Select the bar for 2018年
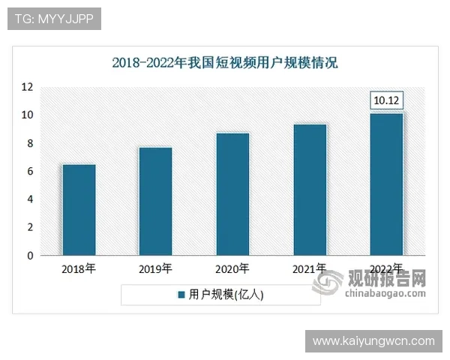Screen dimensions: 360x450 coord(78,210)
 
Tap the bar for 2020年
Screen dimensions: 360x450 coord(232,194)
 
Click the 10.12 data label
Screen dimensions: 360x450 coord(387,100)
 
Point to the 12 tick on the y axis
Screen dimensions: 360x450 coord(28,87)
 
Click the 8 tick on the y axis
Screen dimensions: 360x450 coord(30,143)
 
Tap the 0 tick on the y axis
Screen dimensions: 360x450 coord(30,256)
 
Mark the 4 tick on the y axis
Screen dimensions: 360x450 coord(30,199)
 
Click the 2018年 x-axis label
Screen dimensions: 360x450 coord(78,268)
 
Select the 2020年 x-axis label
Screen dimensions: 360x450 coord(232,268)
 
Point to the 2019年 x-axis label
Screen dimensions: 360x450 coord(155,268)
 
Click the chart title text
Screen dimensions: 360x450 coord(225,62)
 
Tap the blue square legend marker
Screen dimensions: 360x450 coord(181,295)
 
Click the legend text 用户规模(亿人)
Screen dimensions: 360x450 coord(226,295)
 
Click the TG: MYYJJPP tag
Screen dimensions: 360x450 coord(54,19)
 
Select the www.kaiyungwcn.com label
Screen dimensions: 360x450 coord(373,341)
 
